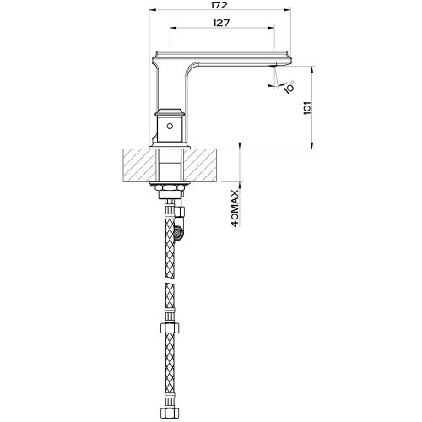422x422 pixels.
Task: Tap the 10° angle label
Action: (x=289, y=84)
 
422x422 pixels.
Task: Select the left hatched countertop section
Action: (x=140, y=165)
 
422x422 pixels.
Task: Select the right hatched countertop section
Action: (x=203, y=165)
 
